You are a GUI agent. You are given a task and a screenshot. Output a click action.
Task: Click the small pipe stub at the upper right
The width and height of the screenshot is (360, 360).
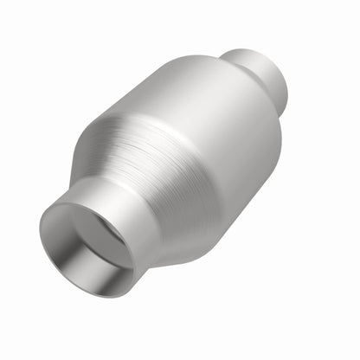[260, 69]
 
